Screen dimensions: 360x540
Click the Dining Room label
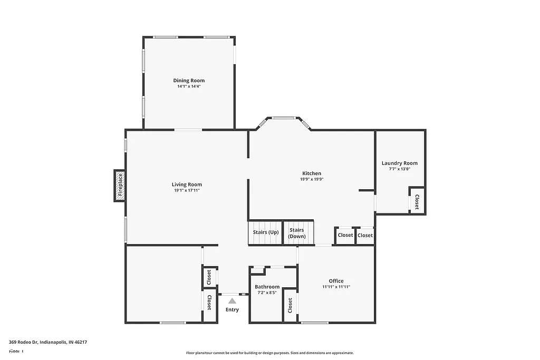(x=189, y=81)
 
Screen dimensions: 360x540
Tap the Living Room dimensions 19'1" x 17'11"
(x=187, y=190)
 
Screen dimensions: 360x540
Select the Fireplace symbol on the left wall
(x=120, y=185)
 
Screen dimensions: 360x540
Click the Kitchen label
(x=311, y=173)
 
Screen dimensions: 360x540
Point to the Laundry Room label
(x=399, y=163)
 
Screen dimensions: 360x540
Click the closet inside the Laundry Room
(x=417, y=202)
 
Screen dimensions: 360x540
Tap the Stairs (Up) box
(x=266, y=232)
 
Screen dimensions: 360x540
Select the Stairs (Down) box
(x=297, y=233)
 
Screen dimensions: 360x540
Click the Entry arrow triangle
(x=232, y=300)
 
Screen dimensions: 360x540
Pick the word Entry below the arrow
(x=232, y=309)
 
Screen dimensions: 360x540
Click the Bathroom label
(x=267, y=287)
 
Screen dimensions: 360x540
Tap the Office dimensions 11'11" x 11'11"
(x=336, y=287)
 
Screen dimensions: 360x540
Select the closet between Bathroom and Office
(x=290, y=305)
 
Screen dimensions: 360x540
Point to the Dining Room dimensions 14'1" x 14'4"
(x=189, y=86)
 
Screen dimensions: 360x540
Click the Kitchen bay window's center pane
(x=283, y=118)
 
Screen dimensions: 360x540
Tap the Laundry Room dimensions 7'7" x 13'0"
(x=399, y=169)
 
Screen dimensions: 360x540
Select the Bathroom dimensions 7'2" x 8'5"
(x=267, y=293)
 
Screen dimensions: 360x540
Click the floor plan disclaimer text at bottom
(x=269, y=353)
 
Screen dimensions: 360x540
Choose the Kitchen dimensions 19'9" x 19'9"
(x=311, y=179)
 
